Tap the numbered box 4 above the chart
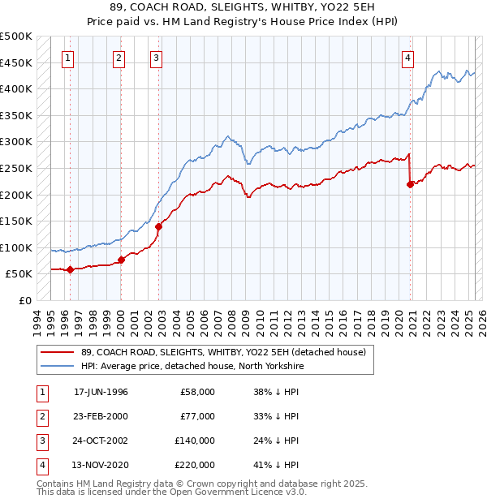[x=407, y=58]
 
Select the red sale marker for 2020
[x=410, y=185]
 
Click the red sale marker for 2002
[x=159, y=227]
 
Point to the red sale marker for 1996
[x=70, y=270]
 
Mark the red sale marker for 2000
[x=121, y=260]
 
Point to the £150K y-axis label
[x=16, y=221]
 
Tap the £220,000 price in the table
[x=195, y=465]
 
